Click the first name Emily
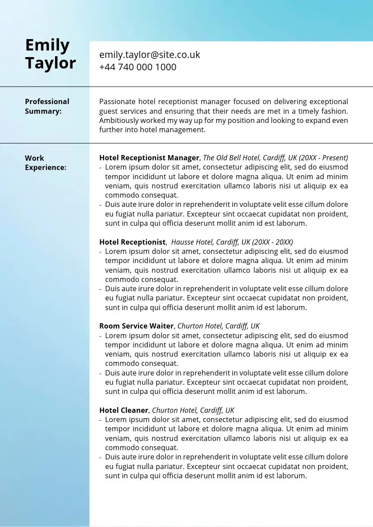pos(47,45)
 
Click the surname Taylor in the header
pos(50,63)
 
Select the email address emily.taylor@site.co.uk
pos(150,55)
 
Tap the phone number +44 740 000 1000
pos(138,67)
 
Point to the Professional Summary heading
pos(47,106)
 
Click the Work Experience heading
pos(45,162)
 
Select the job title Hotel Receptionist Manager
pos(149,158)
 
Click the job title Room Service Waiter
pos(137,326)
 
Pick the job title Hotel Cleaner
pos(124,410)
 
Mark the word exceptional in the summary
pos(329,101)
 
